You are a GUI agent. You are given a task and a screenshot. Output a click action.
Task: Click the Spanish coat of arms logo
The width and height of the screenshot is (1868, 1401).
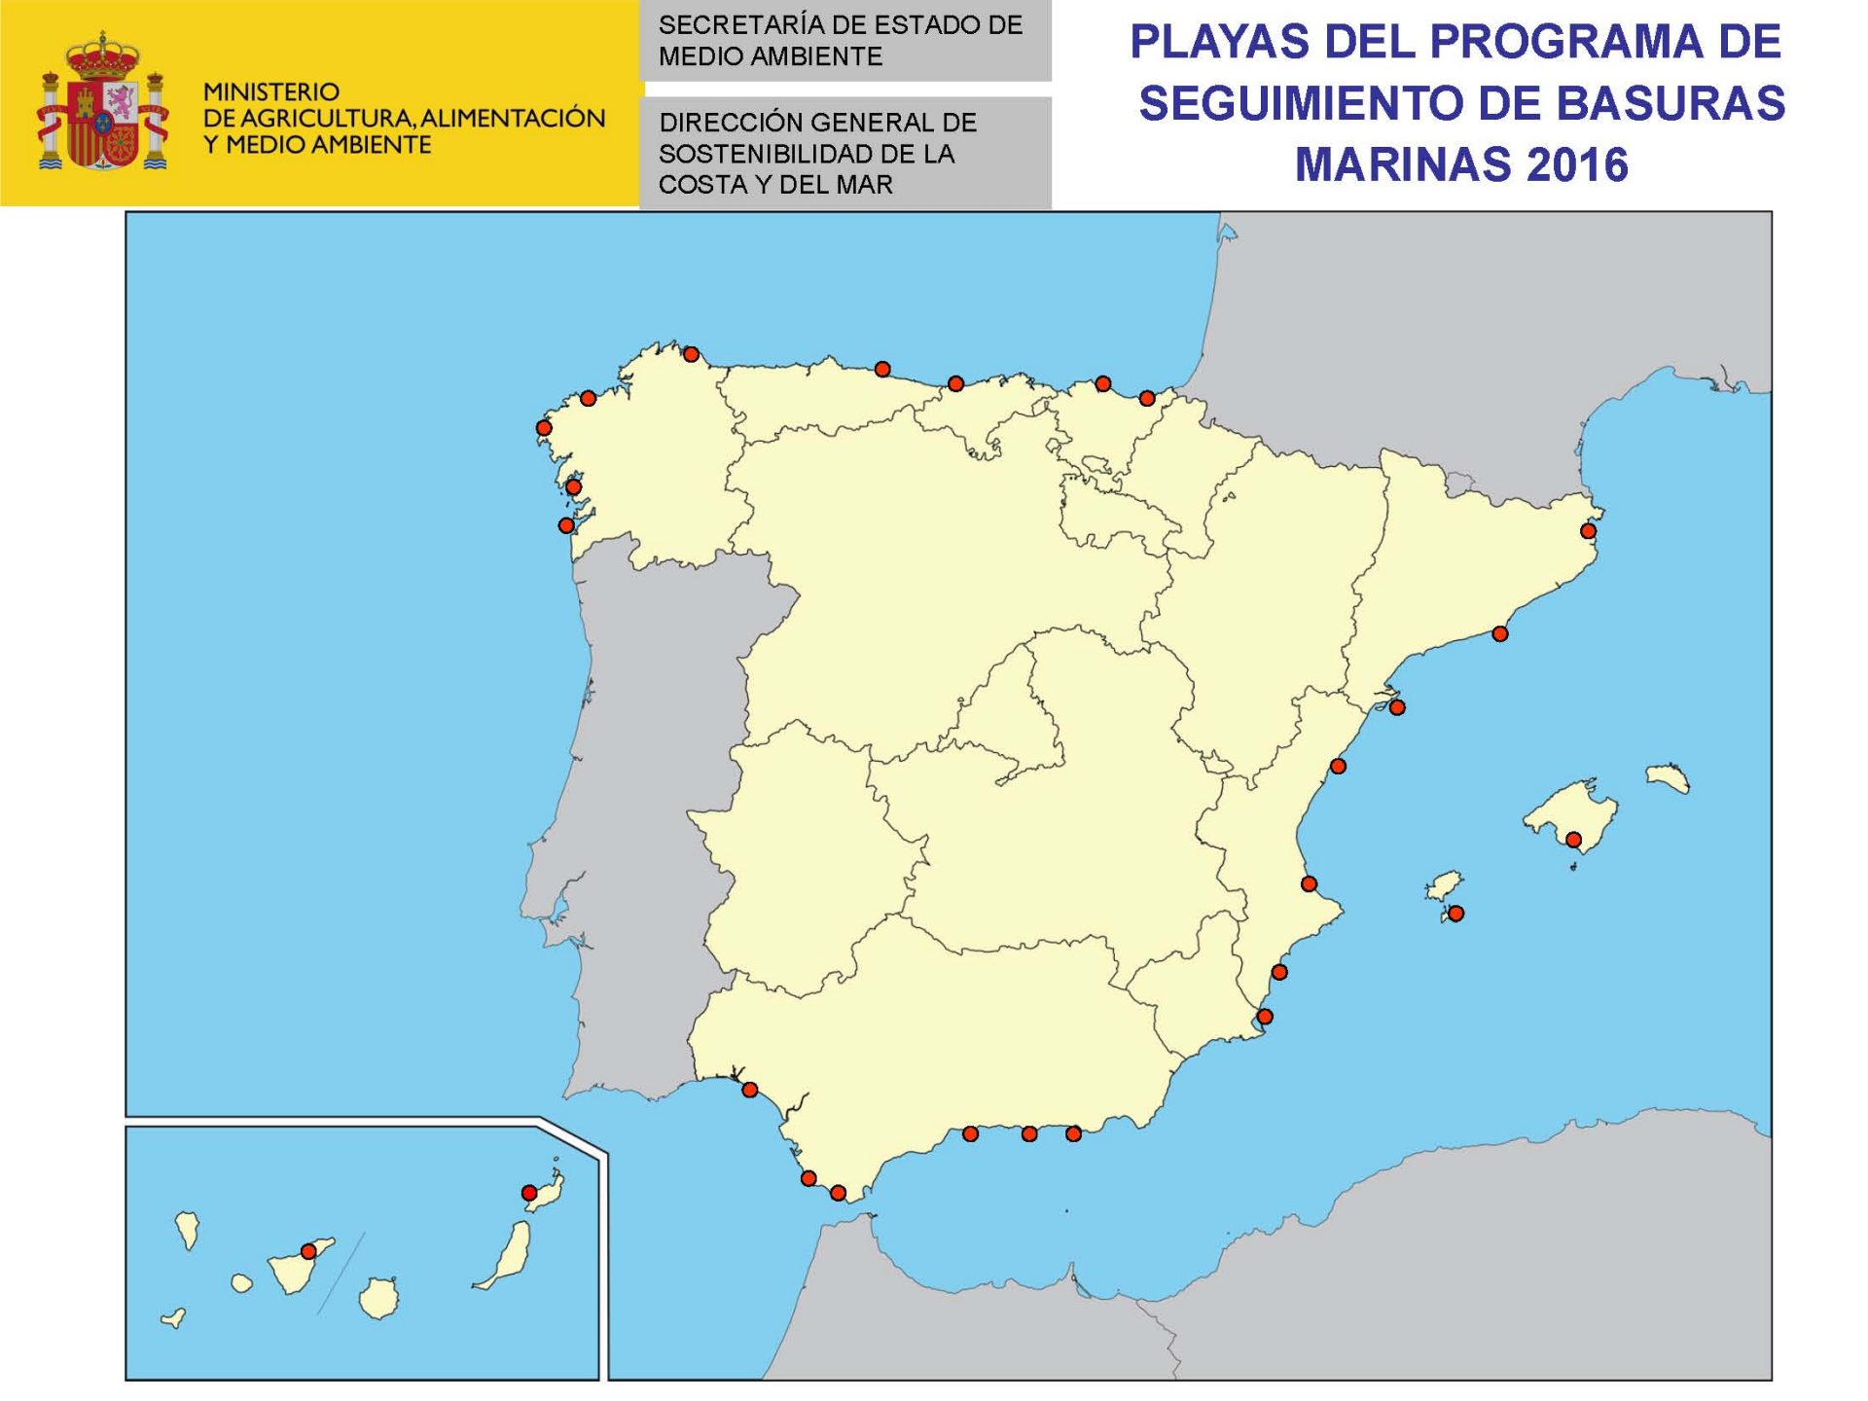(x=102, y=103)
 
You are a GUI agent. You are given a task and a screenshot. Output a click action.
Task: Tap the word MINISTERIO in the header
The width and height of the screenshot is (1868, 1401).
(x=271, y=92)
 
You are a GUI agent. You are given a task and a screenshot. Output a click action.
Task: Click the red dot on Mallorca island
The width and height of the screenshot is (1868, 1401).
(x=1573, y=840)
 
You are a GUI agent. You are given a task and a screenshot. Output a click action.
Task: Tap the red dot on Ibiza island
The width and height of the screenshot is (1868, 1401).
(x=1456, y=914)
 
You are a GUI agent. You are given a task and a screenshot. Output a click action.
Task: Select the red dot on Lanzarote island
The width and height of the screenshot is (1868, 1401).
(x=529, y=1193)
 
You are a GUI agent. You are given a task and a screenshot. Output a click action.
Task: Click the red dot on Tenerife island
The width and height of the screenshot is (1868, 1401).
(x=308, y=1251)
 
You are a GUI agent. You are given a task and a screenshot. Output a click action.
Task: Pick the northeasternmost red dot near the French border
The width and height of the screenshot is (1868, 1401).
(x=1588, y=531)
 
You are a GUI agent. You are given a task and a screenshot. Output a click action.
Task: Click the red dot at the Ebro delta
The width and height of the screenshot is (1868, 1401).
(x=1397, y=707)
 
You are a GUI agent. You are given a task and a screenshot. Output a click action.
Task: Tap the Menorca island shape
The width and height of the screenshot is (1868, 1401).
(x=1667, y=777)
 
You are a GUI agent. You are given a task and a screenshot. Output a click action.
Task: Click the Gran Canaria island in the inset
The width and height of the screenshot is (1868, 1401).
(x=378, y=1298)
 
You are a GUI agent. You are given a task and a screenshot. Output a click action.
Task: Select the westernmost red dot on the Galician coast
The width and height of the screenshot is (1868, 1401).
(x=544, y=428)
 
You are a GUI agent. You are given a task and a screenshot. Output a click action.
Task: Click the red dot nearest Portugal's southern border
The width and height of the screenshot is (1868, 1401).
(x=749, y=1090)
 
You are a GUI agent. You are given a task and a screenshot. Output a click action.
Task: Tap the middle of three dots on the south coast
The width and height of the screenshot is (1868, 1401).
(x=1029, y=1133)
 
